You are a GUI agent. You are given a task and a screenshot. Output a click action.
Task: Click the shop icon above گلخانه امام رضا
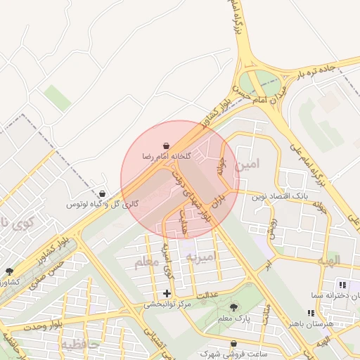165,145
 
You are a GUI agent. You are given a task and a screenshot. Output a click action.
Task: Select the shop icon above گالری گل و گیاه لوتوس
103,193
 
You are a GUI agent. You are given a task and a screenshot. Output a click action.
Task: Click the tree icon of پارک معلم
234,307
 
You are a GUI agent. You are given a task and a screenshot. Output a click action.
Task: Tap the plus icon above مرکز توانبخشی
167,292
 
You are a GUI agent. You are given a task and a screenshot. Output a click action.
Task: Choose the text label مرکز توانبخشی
167,304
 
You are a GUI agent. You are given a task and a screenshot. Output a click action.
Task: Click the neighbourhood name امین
248,165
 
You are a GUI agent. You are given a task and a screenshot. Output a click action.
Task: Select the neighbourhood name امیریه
199,257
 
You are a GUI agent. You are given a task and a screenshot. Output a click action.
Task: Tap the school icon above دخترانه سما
342,285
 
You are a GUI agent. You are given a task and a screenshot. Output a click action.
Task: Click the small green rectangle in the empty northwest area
57,98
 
